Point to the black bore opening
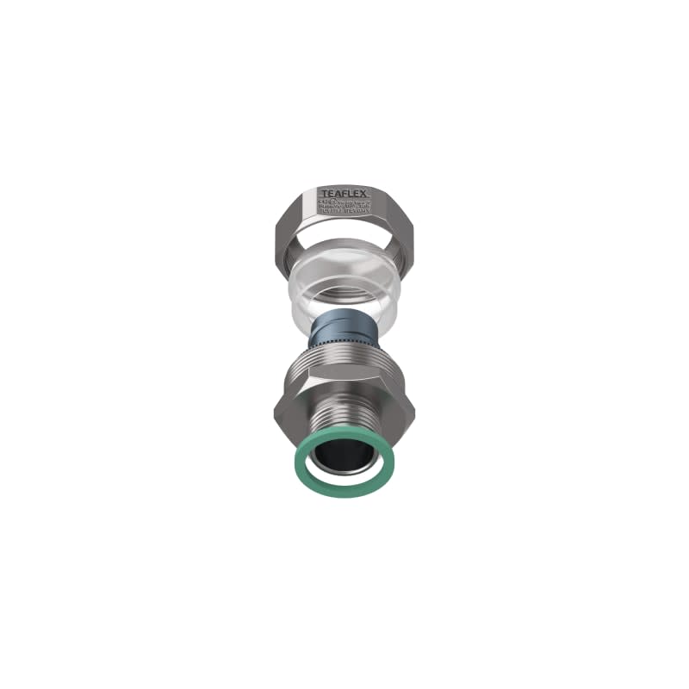(344, 461)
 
